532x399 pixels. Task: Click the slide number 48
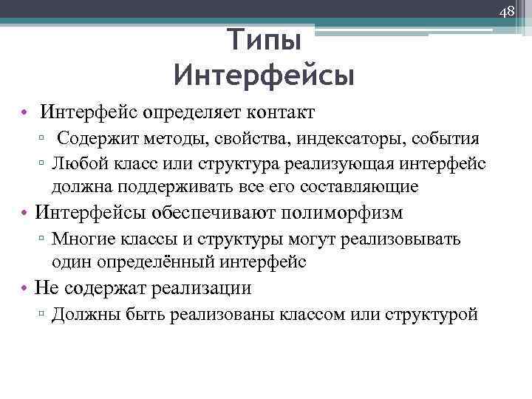[x=506, y=10]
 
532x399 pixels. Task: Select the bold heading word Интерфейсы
[x=265, y=75]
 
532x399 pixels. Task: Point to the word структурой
[x=431, y=315]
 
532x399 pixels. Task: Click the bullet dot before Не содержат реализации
[x=26, y=289]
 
